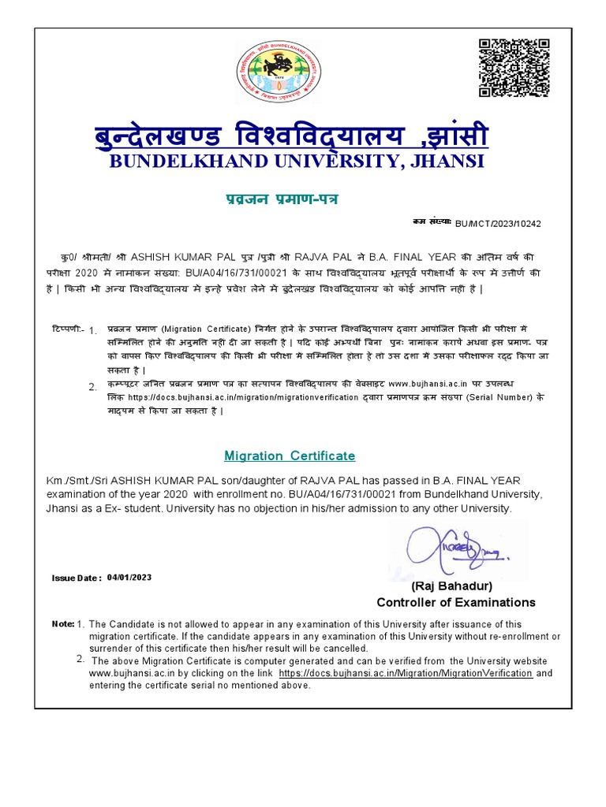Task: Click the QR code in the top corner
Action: pos(514,68)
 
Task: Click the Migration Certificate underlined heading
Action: pos(290,456)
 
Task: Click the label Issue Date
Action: pos(76,578)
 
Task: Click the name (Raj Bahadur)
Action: pos(452,586)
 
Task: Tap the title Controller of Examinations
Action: pos(455,603)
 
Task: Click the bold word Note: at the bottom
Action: pos(62,624)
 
